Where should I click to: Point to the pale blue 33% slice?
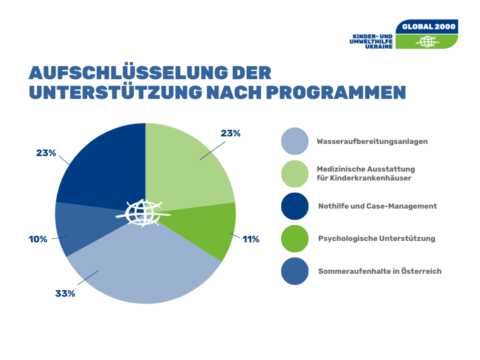[144, 271]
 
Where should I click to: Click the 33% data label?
[65, 294]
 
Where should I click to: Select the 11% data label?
[251, 239]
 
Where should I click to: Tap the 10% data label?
[38, 239]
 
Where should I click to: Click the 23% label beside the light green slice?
[230, 133]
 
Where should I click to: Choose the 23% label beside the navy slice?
[46, 153]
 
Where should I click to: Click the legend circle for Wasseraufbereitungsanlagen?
[295, 141]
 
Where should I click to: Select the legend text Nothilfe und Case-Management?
[377, 206]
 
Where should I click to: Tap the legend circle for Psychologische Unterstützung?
[295, 239]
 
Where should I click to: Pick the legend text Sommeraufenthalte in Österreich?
[380, 271]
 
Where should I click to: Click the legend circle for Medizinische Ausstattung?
[295, 174]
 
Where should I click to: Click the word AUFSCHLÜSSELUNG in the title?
[128, 73]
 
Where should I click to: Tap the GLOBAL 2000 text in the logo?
[429, 27]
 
